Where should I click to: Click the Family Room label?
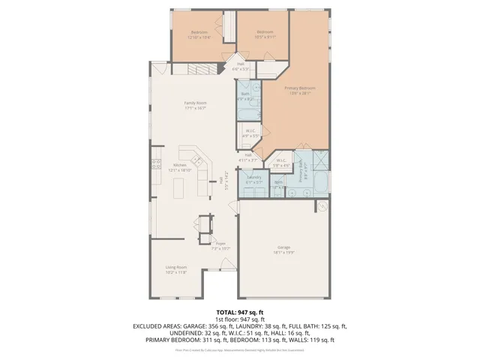tap(196, 103)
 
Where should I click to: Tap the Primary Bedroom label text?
tap(298, 88)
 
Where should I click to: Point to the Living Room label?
tap(176, 267)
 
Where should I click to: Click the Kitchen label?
tap(180, 165)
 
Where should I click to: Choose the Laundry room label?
tap(253, 178)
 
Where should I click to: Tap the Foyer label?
tap(221, 243)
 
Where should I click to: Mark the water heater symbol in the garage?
tap(320, 205)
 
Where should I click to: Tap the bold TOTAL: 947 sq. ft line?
tap(239, 312)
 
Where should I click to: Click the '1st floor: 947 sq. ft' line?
tap(239, 319)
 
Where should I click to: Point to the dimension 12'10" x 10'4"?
tap(199, 37)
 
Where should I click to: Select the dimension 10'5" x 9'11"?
tap(265, 36)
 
